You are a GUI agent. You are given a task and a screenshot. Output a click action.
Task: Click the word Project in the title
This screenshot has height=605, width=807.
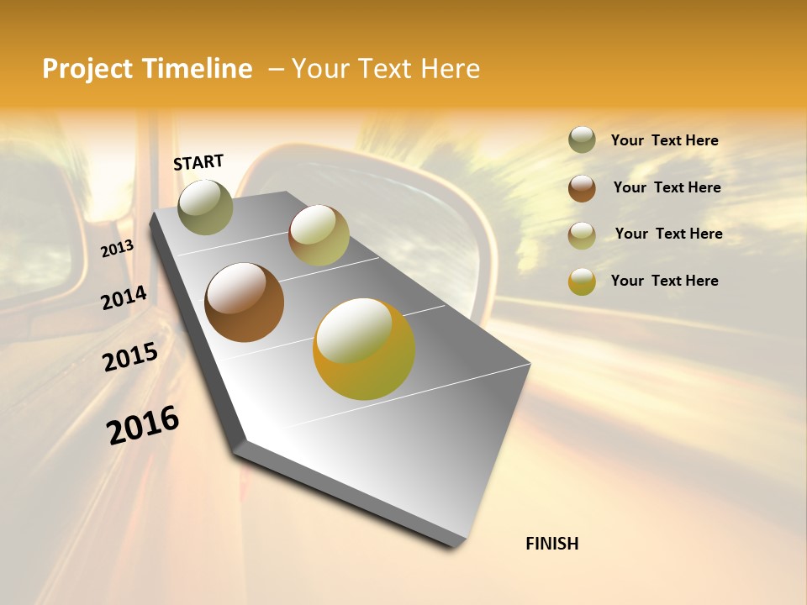coord(88,69)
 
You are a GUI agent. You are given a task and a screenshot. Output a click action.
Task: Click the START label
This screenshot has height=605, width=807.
coord(198,162)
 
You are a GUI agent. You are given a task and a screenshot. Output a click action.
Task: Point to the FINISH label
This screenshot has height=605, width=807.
coord(552,544)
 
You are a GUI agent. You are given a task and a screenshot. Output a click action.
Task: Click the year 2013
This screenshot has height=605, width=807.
coord(117,249)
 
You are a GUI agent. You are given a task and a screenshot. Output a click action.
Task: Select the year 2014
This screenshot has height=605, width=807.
coord(124,297)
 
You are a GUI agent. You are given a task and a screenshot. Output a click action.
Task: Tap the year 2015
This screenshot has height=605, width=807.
coord(130,357)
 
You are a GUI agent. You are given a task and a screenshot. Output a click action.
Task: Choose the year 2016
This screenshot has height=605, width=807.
coord(143,425)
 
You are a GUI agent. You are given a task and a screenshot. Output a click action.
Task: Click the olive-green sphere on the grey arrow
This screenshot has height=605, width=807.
coord(205,207)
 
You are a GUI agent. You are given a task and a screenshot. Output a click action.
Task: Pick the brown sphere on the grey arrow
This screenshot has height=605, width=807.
coord(245,302)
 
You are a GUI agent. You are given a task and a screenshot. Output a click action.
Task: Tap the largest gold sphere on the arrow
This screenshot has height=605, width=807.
coord(364,349)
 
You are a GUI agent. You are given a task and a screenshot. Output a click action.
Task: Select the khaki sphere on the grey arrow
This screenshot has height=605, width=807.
coord(319,235)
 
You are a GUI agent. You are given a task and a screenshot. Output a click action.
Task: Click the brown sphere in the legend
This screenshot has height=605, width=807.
coord(582,188)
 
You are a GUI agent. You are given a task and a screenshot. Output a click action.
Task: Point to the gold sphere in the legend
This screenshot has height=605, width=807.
coord(582,281)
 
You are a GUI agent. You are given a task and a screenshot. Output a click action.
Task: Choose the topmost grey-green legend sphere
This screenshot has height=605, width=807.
coord(582,140)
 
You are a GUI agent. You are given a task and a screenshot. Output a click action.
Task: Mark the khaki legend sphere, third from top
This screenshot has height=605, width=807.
coord(582,235)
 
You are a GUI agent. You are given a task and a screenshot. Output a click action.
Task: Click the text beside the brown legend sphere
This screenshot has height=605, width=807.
coord(667,187)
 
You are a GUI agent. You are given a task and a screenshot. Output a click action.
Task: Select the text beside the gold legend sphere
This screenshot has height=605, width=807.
coord(664,281)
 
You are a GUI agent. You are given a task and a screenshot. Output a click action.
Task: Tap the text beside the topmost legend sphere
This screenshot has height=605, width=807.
coord(664,140)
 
